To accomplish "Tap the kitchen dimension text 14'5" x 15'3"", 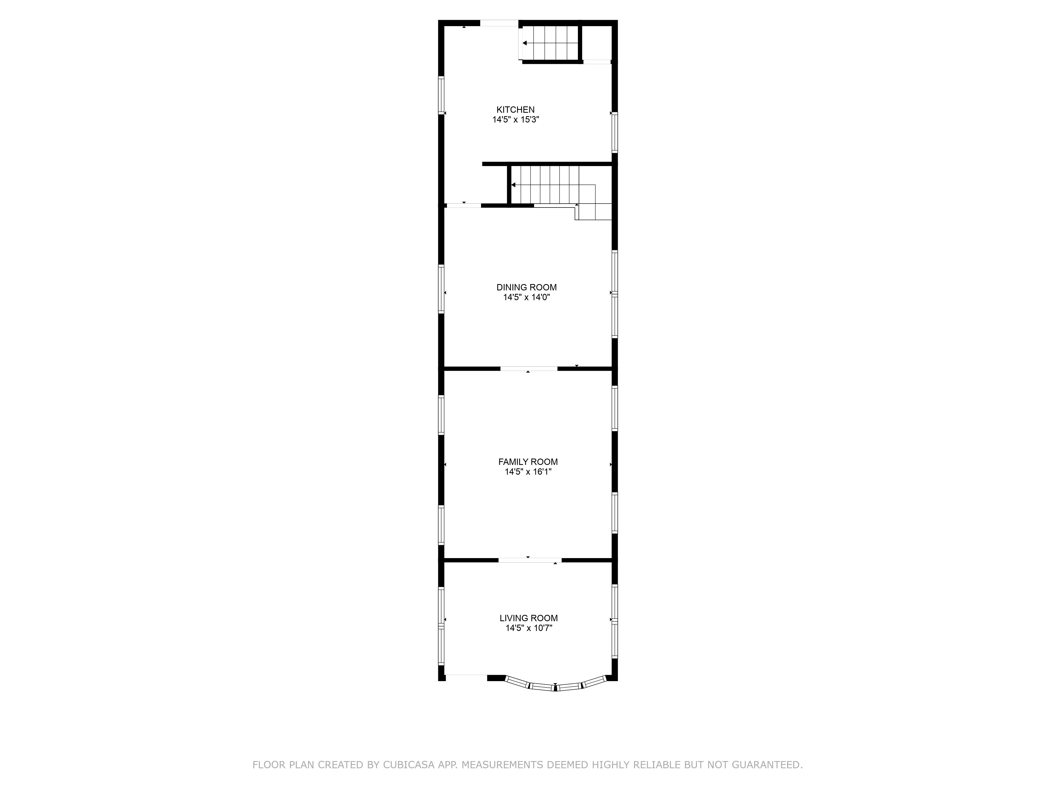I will pos(516,120).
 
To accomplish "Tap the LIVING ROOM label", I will pos(529,618).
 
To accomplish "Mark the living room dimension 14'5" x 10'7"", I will pos(529,628).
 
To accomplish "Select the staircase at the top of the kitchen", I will pos(550,43).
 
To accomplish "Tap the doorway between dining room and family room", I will pos(529,369).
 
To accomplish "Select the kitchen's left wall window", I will pos(441,96).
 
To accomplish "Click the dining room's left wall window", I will pos(441,289).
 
